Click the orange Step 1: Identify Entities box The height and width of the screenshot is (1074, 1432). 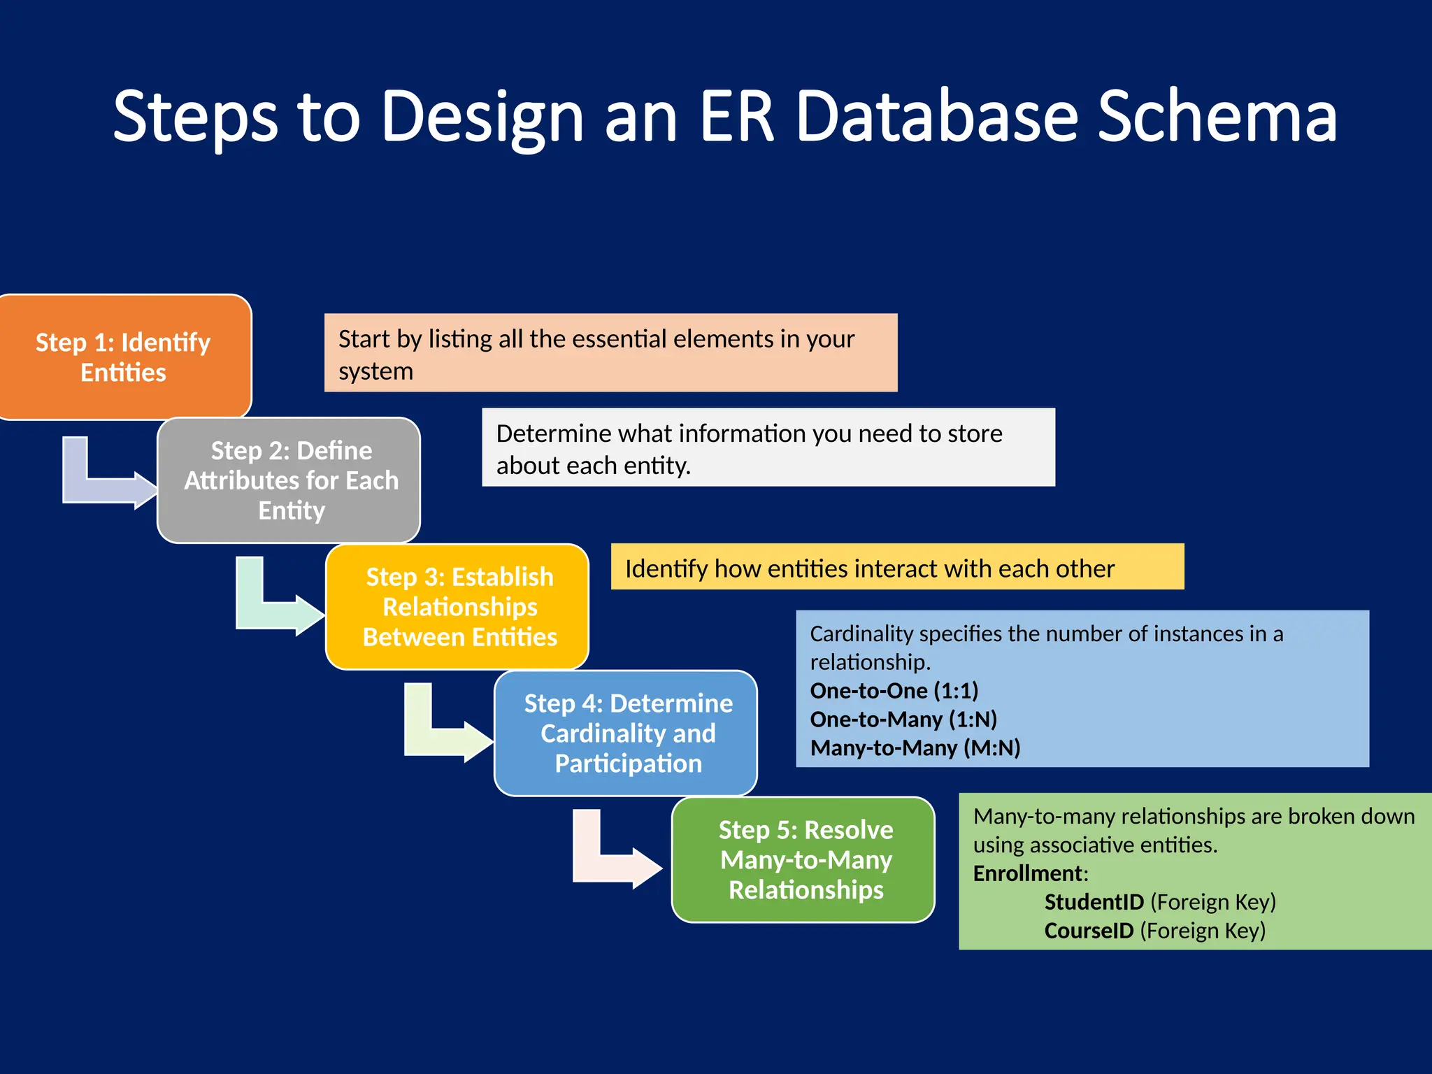(124, 357)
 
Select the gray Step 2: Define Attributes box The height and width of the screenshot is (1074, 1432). (289, 480)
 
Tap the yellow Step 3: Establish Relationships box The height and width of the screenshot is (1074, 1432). (458, 607)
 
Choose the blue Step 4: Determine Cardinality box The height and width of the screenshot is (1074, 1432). (626, 733)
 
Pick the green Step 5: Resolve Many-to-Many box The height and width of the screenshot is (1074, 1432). (804, 859)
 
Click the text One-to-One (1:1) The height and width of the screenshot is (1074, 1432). (894, 691)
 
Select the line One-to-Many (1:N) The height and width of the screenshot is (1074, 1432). (903, 719)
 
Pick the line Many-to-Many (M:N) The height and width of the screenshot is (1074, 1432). (915, 748)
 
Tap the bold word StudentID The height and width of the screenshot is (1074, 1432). (1094, 902)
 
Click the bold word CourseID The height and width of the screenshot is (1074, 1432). (1089, 931)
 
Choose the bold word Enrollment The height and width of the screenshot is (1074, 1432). (1029, 873)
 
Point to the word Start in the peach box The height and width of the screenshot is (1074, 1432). (364, 339)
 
